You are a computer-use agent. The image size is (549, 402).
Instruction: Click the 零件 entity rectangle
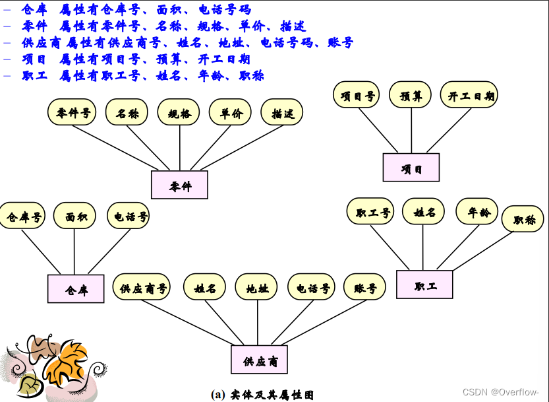[179, 185]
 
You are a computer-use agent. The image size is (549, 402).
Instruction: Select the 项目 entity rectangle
[411, 168]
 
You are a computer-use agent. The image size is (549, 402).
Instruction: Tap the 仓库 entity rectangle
[76, 289]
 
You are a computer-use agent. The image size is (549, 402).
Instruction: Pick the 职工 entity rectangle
[424, 285]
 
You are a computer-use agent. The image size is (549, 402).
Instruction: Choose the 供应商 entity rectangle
[259, 360]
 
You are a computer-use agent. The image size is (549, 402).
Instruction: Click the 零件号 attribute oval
[72, 112]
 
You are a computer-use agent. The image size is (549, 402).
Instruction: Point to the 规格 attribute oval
[178, 112]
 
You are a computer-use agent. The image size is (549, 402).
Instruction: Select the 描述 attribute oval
[282, 112]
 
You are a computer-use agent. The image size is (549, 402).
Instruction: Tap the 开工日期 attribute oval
[469, 95]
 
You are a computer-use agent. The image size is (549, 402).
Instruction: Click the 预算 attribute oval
[410, 95]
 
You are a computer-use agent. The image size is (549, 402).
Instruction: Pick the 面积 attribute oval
[74, 215]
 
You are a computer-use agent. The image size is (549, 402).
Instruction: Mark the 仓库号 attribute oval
[23, 216]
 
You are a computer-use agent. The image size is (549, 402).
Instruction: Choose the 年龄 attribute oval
[477, 212]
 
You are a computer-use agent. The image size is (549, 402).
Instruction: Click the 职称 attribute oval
[523, 219]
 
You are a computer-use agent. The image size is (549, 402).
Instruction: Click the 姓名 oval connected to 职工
[424, 212]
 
